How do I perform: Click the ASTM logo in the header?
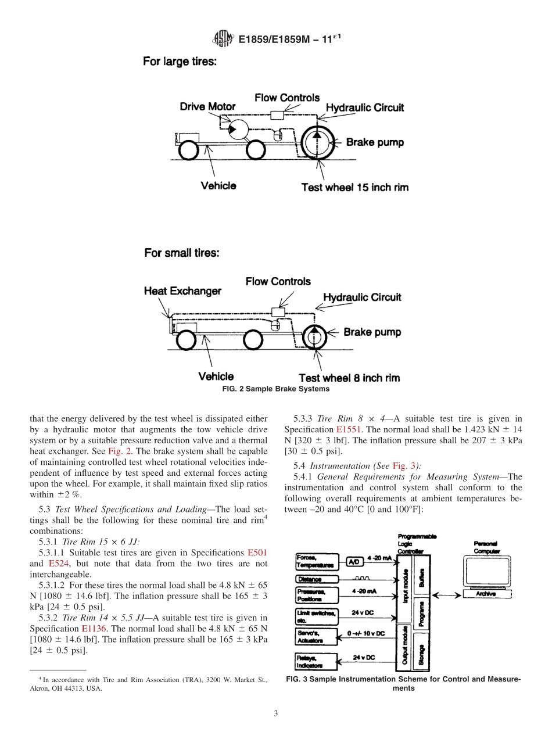click(x=223, y=40)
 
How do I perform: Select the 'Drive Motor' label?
click(x=207, y=106)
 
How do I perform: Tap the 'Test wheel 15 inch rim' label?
click(x=354, y=187)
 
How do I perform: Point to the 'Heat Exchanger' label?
click(x=182, y=291)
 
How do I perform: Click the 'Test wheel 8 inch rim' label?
click(x=349, y=378)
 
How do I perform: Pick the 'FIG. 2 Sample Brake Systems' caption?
click(x=275, y=389)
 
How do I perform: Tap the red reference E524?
click(x=57, y=564)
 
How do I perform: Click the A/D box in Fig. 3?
click(x=354, y=561)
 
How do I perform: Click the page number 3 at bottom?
click(x=275, y=713)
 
